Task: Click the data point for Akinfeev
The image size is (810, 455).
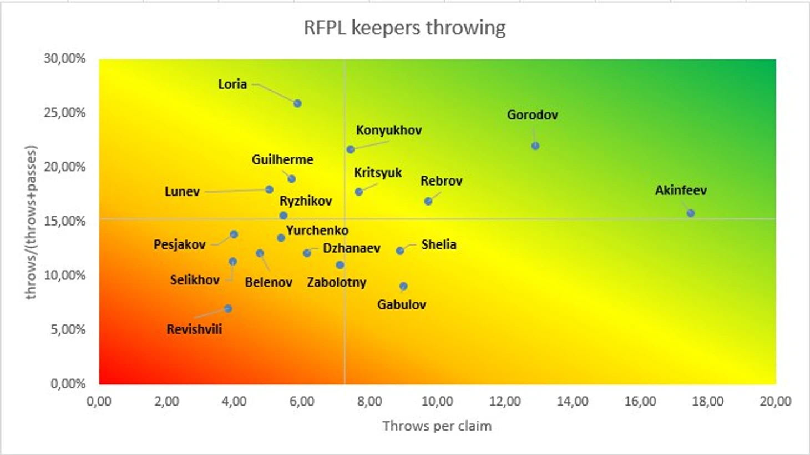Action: coord(690,213)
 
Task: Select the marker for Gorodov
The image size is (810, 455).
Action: coord(535,146)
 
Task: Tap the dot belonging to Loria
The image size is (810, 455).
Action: coord(297,104)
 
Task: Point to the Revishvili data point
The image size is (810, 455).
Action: coord(228,309)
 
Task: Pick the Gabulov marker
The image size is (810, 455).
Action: coord(403,287)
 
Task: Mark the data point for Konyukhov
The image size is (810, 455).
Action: coord(351,149)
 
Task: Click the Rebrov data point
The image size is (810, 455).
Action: coord(428,201)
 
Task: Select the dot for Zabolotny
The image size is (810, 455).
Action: coord(340,266)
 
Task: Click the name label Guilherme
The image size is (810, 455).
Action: coord(282,160)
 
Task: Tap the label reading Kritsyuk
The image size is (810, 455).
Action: coord(378,173)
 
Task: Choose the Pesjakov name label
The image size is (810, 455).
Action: coord(180,244)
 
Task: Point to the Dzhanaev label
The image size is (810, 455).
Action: coord(352,248)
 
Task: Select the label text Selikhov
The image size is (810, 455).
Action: coord(195,280)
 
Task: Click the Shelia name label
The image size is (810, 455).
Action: coord(439,244)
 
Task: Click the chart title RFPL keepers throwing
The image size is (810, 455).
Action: coord(404,28)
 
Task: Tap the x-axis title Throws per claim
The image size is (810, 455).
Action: coord(437,426)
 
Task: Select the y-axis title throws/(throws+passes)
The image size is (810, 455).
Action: coord(31,222)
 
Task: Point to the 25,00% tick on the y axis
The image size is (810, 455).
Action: coord(65,113)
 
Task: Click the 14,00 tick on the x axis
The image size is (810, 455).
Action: coord(573,402)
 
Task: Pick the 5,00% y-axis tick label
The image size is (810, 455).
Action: coord(67,329)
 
